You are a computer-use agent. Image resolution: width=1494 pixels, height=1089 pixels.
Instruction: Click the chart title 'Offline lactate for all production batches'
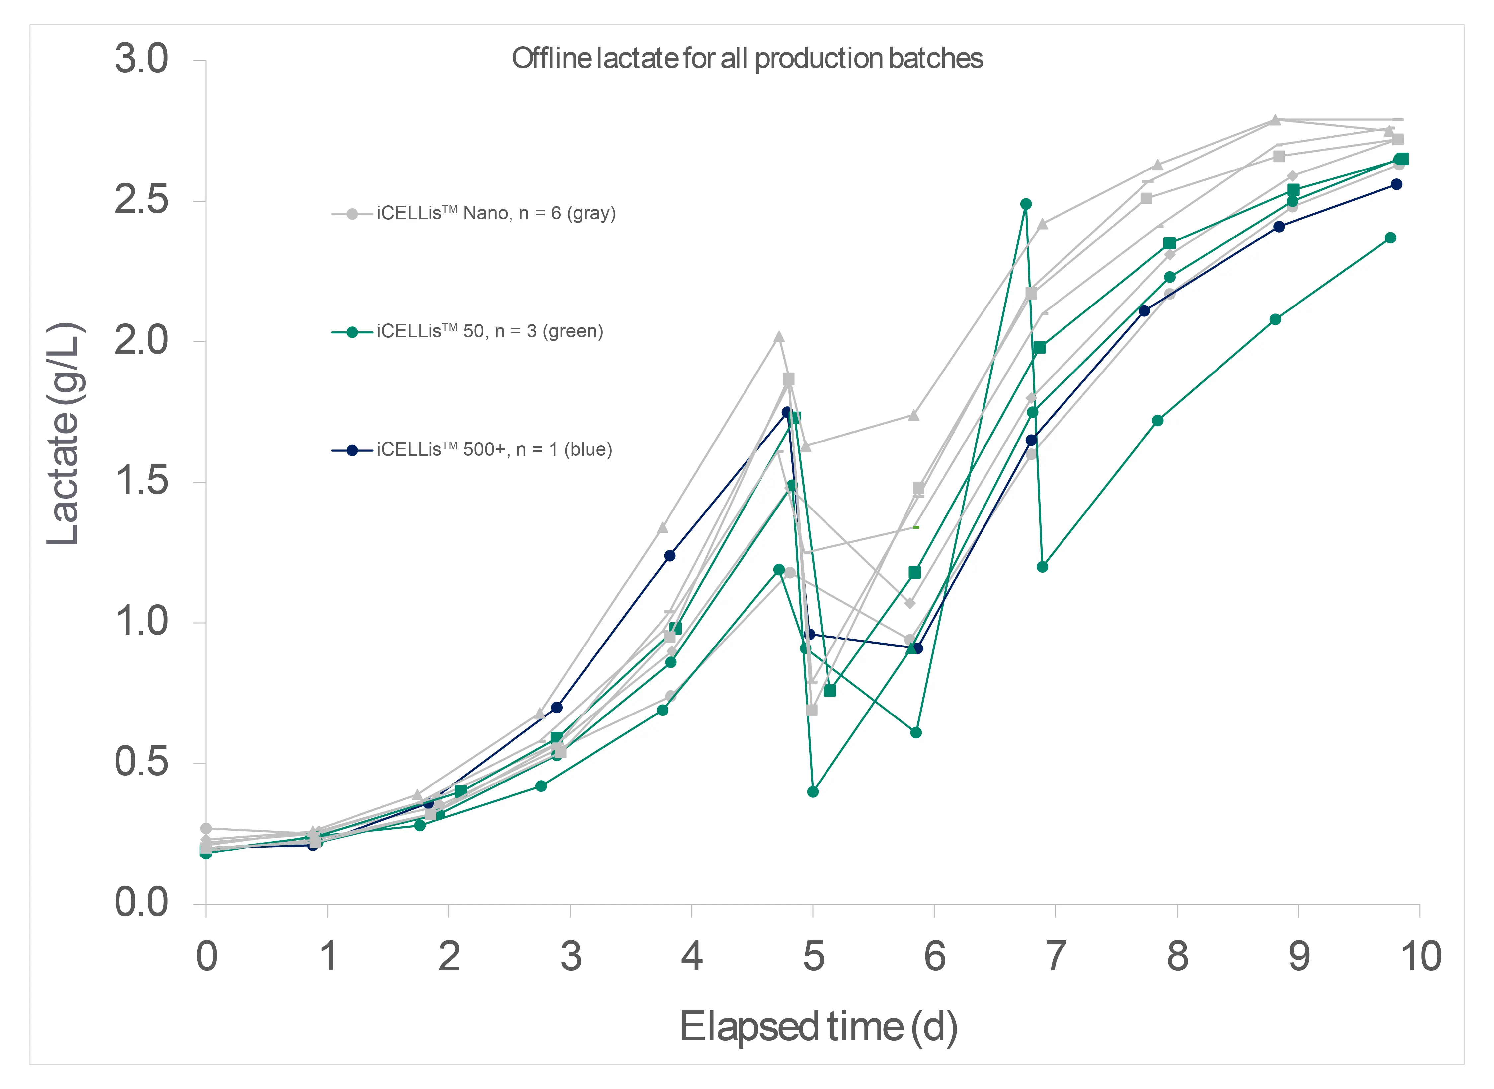(x=747, y=59)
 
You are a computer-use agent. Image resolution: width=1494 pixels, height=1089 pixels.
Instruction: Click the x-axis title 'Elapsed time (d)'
(x=818, y=1027)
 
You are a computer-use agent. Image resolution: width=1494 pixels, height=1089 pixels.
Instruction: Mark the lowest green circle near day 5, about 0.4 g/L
(x=813, y=792)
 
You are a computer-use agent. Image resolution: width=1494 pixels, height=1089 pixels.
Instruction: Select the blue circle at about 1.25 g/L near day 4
(x=669, y=556)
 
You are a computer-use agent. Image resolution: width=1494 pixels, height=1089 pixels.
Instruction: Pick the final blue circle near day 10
(x=1396, y=184)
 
